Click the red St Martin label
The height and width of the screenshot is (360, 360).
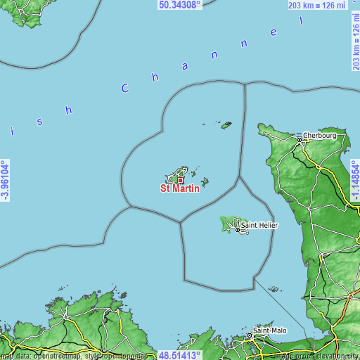180,188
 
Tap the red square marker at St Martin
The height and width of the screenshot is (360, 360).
180,180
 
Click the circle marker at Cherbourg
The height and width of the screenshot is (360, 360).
299,140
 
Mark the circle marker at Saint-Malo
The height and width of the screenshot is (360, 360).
250,337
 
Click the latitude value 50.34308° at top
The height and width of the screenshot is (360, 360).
180,4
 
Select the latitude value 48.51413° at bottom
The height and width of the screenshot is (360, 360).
180,356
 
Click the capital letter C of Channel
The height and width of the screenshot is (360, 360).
125,89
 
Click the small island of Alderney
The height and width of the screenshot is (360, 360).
226,125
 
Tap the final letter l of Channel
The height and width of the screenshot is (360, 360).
302,22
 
